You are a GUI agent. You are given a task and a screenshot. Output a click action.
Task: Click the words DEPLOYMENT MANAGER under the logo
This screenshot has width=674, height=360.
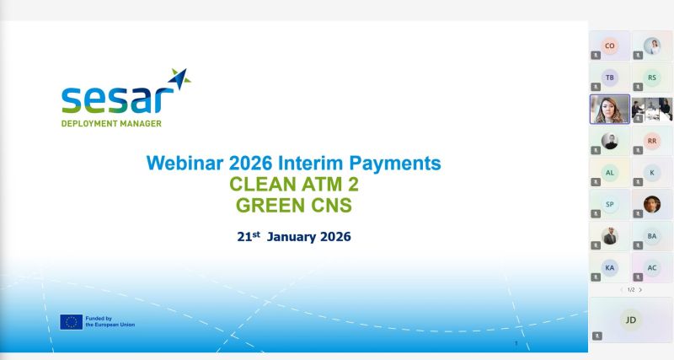[111, 123]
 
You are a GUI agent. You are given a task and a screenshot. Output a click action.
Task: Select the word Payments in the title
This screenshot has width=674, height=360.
[395, 164]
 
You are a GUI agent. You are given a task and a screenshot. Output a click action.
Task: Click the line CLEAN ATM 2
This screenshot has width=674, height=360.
[294, 184]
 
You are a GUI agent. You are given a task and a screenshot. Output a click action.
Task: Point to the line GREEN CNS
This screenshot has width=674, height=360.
[294, 205]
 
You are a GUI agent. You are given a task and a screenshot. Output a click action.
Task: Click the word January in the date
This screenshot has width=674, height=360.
[292, 237]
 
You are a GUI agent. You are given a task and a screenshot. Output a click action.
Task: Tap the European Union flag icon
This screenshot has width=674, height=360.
[71, 322]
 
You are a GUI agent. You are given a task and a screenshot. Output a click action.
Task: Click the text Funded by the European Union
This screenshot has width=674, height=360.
[110, 321]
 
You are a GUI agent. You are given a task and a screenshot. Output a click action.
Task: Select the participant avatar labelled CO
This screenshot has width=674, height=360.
[609, 46]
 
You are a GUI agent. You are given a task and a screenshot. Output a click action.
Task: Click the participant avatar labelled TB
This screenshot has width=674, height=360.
[609, 78]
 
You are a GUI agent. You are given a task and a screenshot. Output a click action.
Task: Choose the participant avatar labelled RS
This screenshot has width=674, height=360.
[652, 78]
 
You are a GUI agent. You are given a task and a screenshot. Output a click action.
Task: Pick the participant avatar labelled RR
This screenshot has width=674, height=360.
[652, 141]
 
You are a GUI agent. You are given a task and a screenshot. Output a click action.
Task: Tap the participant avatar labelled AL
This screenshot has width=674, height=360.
[609, 173]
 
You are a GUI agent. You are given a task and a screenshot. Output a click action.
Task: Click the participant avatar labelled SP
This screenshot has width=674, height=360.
[609, 204]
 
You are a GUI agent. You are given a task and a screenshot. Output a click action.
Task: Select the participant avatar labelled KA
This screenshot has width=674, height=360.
[609, 267]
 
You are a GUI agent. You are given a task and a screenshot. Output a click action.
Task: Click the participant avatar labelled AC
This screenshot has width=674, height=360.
[652, 267]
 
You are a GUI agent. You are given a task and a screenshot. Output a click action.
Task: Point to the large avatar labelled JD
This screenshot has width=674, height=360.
[630, 320]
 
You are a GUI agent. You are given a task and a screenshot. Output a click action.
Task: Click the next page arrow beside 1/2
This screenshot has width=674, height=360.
[640, 290]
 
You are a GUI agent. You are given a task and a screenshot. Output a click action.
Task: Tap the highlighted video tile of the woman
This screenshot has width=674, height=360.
[609, 110]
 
